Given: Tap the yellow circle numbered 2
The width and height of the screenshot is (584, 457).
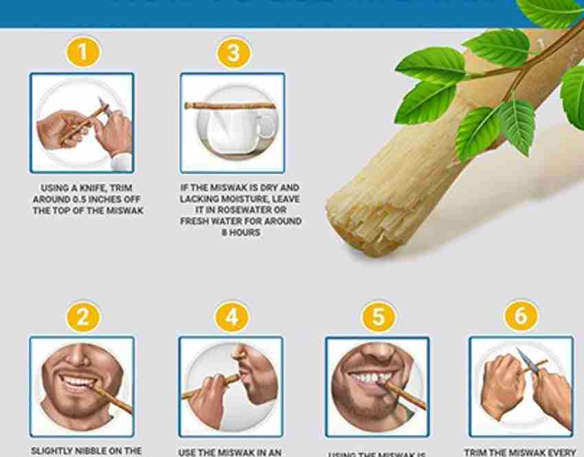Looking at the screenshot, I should click(82, 317).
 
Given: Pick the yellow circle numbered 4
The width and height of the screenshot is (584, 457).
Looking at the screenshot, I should click(232, 317).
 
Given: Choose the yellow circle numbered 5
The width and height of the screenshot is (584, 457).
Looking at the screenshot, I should click(379, 318).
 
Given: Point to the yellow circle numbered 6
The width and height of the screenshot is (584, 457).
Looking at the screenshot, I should click(521, 317).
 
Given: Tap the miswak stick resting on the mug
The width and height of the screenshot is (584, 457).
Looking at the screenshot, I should click(229, 106).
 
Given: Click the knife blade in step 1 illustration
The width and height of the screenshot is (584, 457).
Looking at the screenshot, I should click(104, 104).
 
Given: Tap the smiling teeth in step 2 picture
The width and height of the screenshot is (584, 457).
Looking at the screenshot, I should click(78, 381).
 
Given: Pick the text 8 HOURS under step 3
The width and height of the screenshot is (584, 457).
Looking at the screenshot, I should click(240, 233).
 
